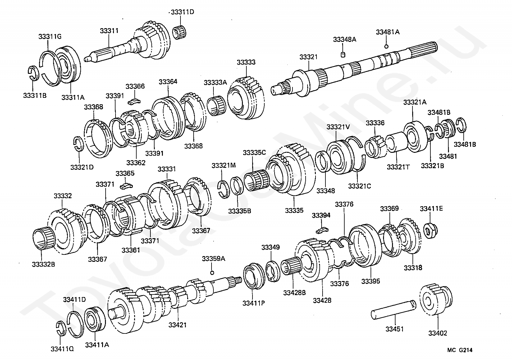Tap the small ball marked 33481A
pos(386,47)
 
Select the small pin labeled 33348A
pos(343,55)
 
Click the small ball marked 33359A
pos(212,272)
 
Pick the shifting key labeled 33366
pos(134,101)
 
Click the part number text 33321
pos(308,57)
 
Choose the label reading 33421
pos(178,325)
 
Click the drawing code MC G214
pos(460,350)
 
